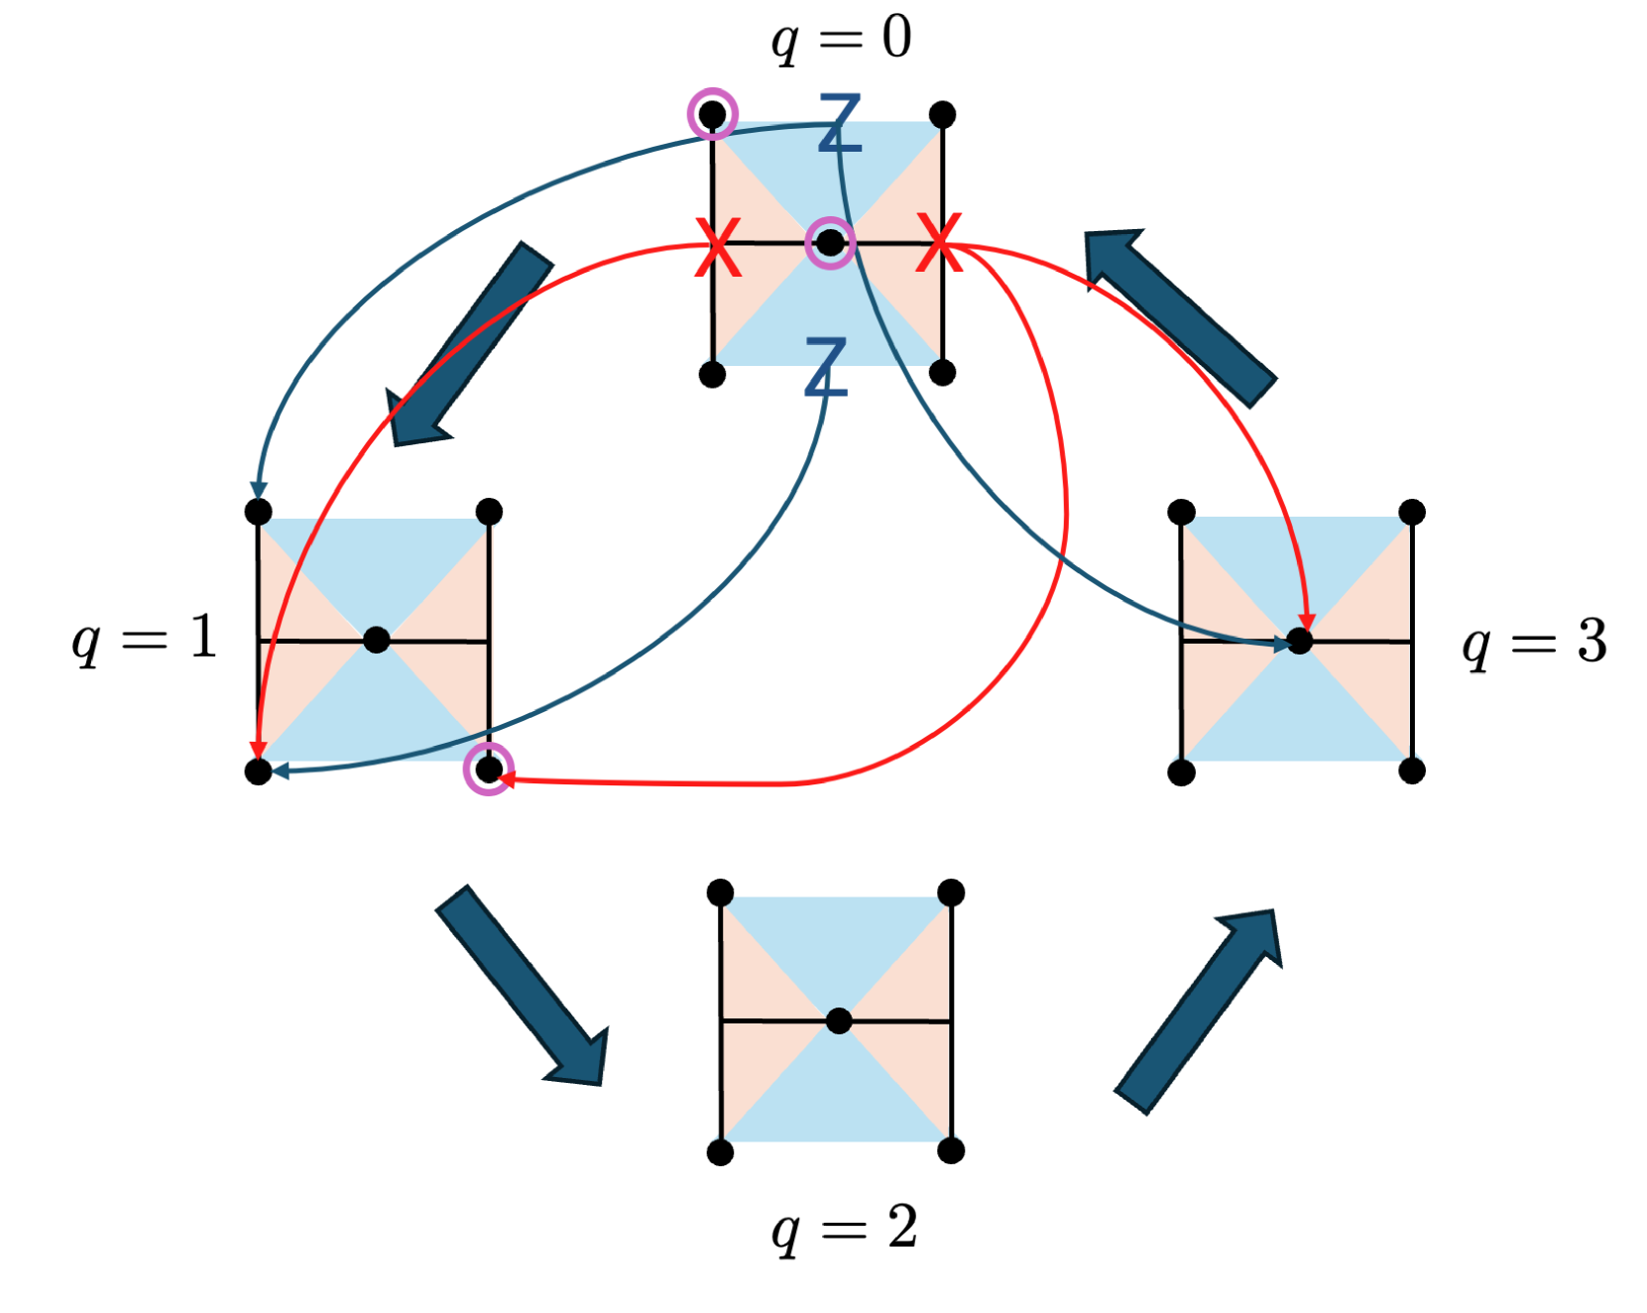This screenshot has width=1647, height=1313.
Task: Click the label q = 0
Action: (x=841, y=40)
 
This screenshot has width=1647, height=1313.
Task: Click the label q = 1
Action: (x=145, y=639)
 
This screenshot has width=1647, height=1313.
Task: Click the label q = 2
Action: (x=844, y=1230)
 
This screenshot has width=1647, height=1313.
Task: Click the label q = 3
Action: (x=1534, y=643)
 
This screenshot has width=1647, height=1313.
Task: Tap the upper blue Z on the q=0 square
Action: (x=840, y=123)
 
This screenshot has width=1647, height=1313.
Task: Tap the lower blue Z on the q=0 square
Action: (x=826, y=367)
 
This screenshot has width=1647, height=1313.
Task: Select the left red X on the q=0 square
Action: (x=718, y=247)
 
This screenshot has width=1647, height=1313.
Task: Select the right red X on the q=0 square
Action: (x=939, y=242)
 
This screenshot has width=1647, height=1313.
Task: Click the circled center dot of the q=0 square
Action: (x=830, y=243)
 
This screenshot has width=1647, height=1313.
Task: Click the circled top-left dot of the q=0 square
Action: (x=712, y=114)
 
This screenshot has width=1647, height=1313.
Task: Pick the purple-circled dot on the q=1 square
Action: (x=489, y=769)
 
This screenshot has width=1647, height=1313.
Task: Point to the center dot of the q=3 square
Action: (x=1299, y=642)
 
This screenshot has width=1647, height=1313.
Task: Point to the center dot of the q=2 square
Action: (x=839, y=1020)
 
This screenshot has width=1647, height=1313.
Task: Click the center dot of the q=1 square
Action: (x=376, y=640)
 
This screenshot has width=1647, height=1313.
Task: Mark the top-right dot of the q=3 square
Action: (x=1412, y=512)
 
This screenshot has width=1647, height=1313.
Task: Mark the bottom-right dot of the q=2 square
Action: (x=951, y=1150)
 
